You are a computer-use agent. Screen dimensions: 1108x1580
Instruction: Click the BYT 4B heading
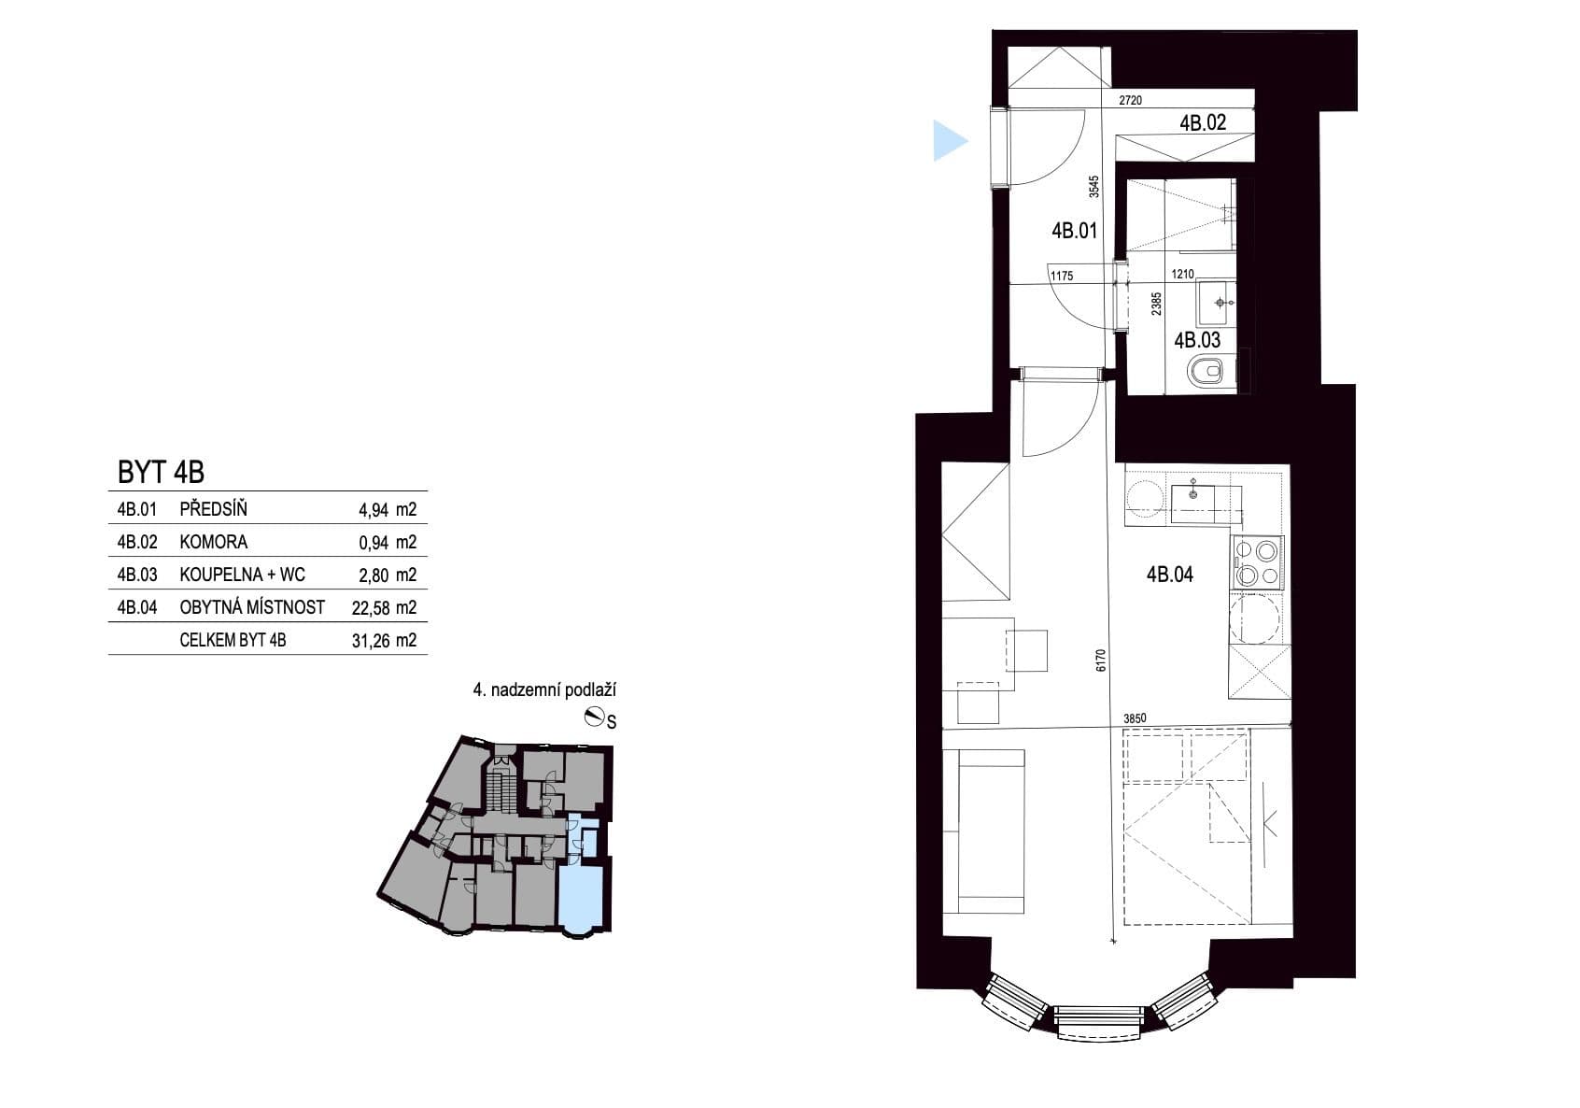(161, 473)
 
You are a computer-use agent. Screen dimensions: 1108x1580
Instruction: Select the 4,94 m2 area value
(387, 510)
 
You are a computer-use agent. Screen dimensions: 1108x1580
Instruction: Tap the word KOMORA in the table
(213, 542)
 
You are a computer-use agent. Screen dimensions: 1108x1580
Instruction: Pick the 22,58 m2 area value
(383, 608)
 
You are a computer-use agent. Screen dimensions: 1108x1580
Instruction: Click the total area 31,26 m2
(383, 641)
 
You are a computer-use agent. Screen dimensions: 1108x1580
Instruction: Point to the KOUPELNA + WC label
(242, 575)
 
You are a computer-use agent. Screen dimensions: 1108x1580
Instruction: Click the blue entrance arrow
(949, 141)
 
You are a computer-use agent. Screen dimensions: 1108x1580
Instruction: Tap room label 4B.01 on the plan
(1074, 231)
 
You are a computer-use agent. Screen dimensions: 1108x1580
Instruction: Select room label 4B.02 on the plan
(1202, 122)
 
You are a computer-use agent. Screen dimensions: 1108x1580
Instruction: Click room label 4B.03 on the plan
(1197, 341)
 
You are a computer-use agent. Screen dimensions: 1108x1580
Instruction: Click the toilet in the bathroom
(1206, 372)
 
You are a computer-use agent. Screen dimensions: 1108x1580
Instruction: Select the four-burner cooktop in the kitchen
(1258, 563)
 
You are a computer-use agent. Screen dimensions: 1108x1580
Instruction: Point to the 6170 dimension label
(1101, 661)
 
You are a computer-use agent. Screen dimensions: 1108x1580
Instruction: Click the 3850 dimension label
(1134, 718)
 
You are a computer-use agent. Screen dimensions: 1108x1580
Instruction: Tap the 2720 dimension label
(1130, 100)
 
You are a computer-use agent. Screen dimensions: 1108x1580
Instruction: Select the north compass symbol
(593, 717)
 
